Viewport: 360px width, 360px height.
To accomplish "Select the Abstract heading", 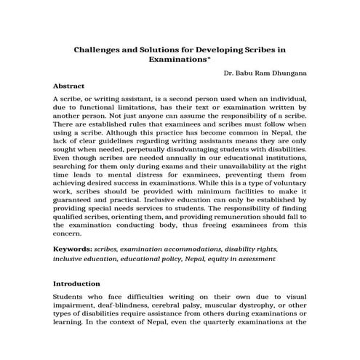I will pos(69,85).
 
